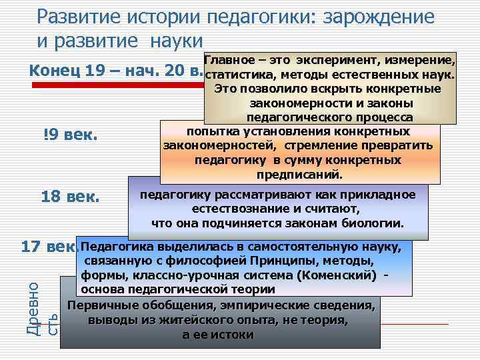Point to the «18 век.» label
(x=70, y=197)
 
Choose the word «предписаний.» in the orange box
(x=299, y=175)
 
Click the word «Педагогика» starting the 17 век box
(x=117, y=247)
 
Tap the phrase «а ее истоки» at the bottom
(x=218, y=335)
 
